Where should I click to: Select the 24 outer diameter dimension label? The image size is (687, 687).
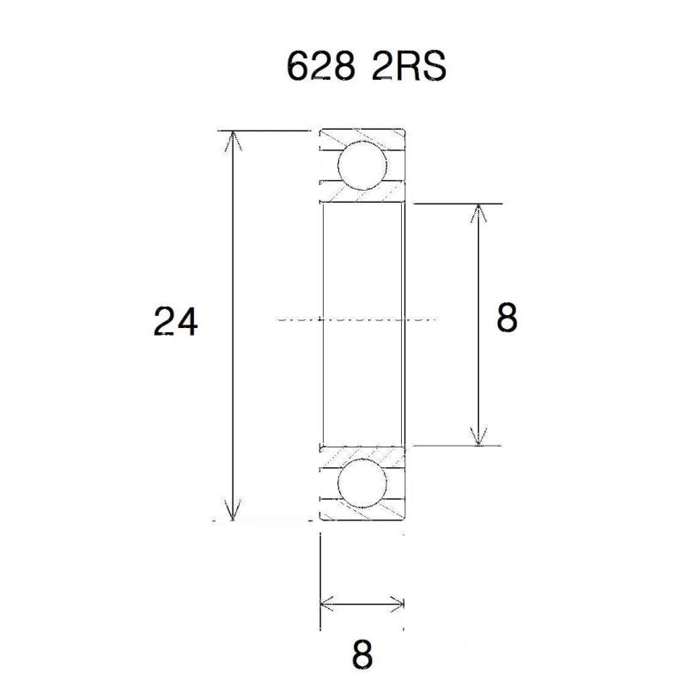176,322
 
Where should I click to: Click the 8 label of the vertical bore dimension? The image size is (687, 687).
507,319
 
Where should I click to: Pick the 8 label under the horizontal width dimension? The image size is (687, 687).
362,655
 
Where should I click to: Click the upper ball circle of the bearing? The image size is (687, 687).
362,166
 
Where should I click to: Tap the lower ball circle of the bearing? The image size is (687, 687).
362,484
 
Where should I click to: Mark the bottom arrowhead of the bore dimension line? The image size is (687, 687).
478,437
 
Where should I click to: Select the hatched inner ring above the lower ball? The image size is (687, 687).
362,453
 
